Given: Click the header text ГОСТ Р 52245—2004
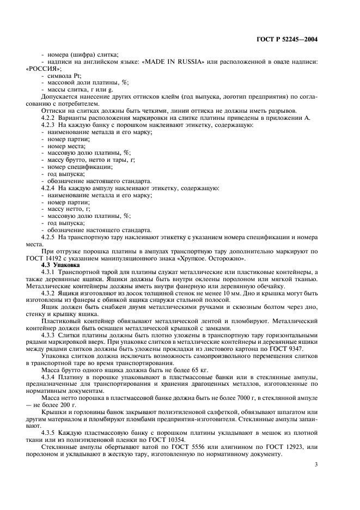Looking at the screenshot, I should tap(286, 39).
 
